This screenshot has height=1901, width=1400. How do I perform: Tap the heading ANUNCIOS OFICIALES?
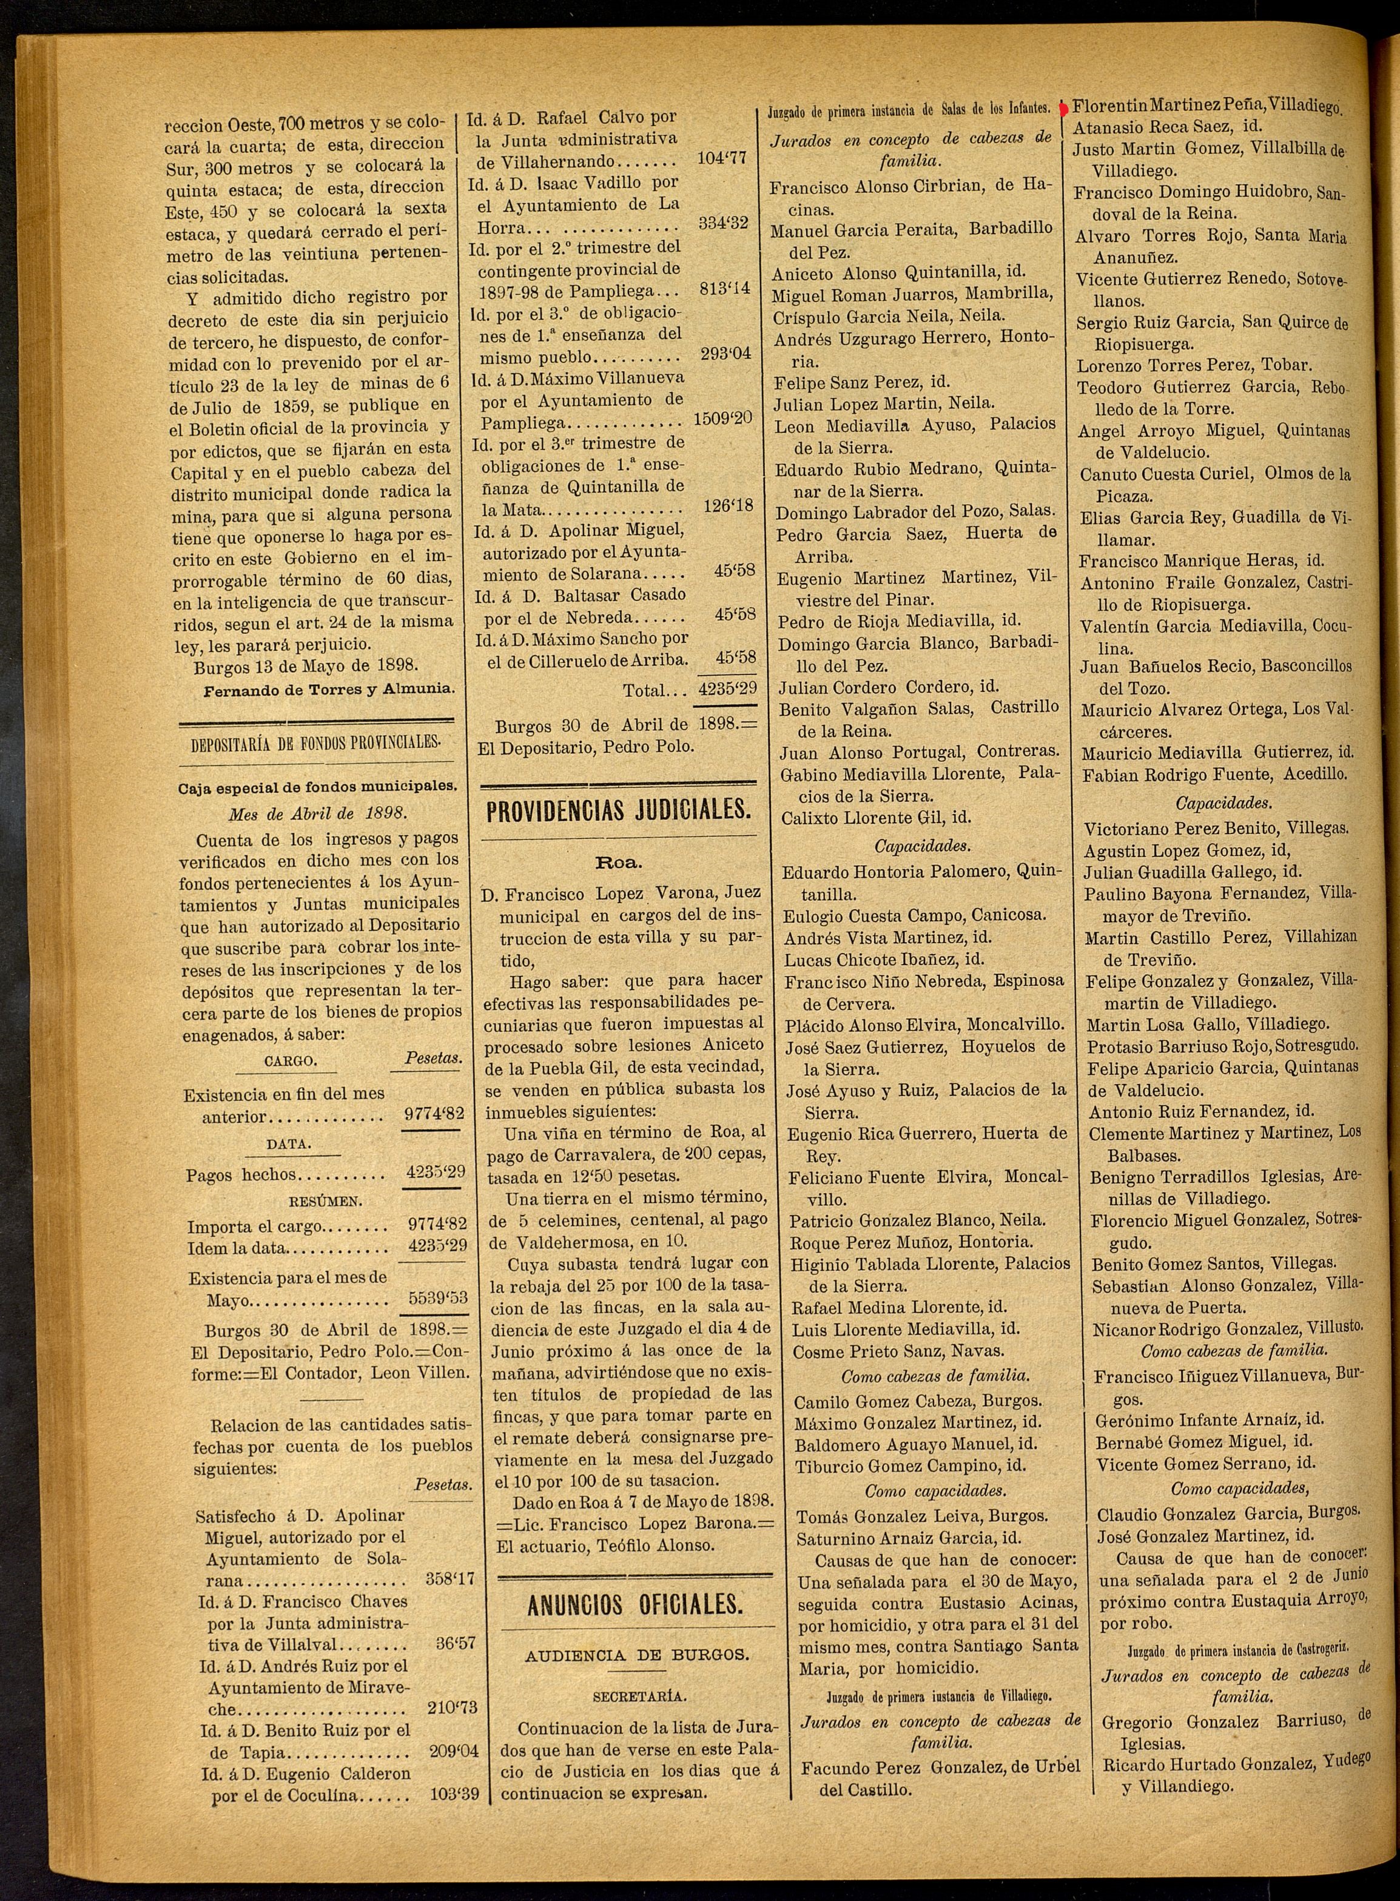[x=634, y=1604]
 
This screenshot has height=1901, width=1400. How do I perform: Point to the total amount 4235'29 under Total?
[x=725, y=689]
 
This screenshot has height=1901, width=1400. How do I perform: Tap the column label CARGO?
[x=292, y=1061]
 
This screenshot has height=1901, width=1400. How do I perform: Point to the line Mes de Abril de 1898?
[x=318, y=813]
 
